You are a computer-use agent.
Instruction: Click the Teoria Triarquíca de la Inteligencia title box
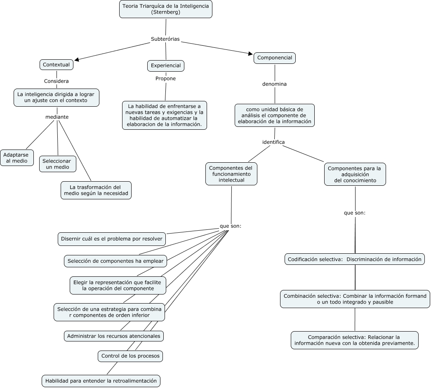pyautogui.click(x=166, y=9)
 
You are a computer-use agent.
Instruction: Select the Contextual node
pyautogui.click(x=57, y=65)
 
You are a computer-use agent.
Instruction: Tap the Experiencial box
pyautogui.click(x=166, y=65)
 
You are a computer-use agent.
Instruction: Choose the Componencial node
pyautogui.click(x=275, y=58)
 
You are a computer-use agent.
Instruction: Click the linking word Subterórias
pyautogui.click(x=165, y=39)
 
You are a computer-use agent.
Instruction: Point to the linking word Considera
pyautogui.click(x=57, y=81)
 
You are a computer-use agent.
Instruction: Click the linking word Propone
pyautogui.click(x=165, y=79)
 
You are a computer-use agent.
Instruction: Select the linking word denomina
pyautogui.click(x=274, y=84)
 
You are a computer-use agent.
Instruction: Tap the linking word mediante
pyautogui.click(x=57, y=117)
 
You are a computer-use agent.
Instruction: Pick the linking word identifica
pyautogui.click(x=273, y=142)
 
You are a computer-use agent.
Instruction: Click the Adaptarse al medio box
pyautogui.click(x=17, y=158)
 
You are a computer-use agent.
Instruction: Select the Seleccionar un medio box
pyautogui.click(x=57, y=164)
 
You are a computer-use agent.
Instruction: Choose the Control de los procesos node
pyautogui.click(x=130, y=356)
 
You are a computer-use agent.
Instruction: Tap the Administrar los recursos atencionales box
pyautogui.click(x=114, y=336)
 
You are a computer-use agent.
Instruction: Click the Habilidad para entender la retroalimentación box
pyautogui.click(x=101, y=381)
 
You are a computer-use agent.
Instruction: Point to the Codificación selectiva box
pyautogui.click(x=355, y=259)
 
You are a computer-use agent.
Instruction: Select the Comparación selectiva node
pyautogui.click(x=355, y=340)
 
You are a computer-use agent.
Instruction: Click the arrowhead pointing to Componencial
pyautogui.click(x=250, y=54)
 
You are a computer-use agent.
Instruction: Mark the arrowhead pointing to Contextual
pyautogui.click(x=77, y=59)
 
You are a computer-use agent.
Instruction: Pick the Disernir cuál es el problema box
pyautogui.click(x=112, y=239)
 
